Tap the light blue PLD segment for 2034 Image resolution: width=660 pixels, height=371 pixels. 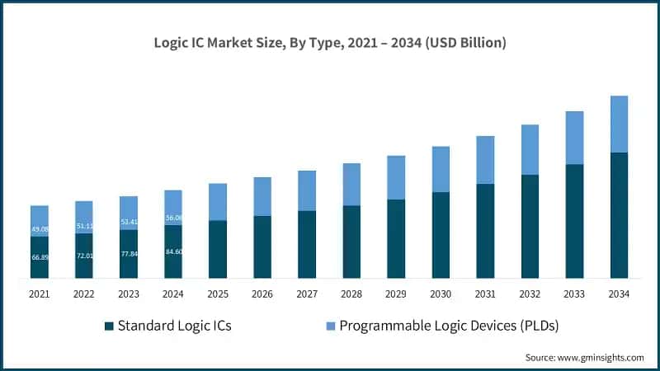619,124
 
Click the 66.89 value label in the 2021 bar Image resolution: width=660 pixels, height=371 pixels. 40,257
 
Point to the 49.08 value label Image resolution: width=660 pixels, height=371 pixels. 40,229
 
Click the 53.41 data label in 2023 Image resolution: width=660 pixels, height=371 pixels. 129,222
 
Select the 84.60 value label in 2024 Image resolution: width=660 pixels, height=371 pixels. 173,251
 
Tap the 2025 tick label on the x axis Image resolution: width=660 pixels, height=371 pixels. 218,294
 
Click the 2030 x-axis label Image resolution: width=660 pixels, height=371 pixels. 441,294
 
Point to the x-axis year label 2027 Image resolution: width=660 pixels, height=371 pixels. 307,294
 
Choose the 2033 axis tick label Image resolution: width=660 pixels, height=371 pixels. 574,294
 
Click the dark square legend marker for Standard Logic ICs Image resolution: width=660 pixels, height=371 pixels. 109,326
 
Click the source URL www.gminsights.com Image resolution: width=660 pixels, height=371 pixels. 600,357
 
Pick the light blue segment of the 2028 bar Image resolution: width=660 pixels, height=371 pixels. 351,184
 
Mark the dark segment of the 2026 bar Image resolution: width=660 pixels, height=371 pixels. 262,247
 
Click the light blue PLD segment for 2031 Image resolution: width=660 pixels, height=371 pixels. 485,160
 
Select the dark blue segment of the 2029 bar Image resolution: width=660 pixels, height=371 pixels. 396,238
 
